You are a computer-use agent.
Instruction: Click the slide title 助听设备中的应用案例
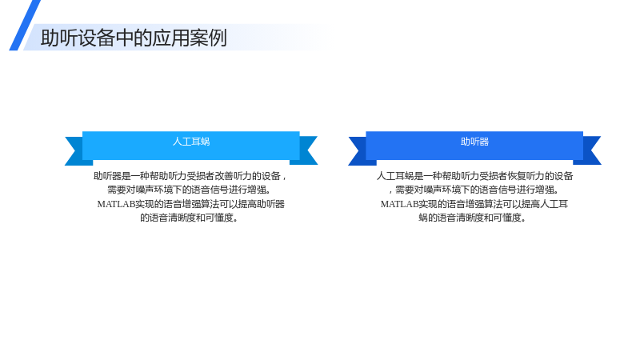click(134, 38)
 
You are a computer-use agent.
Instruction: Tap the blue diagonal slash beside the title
click(25, 26)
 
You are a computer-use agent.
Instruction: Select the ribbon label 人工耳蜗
click(191, 142)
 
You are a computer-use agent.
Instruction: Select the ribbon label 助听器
click(474, 142)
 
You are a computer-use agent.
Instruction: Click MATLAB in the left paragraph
click(116, 204)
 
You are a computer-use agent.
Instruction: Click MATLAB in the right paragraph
click(399, 204)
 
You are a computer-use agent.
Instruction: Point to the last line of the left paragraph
click(189, 218)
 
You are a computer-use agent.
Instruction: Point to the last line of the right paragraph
click(472, 218)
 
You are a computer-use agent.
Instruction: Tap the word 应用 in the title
click(171, 38)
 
